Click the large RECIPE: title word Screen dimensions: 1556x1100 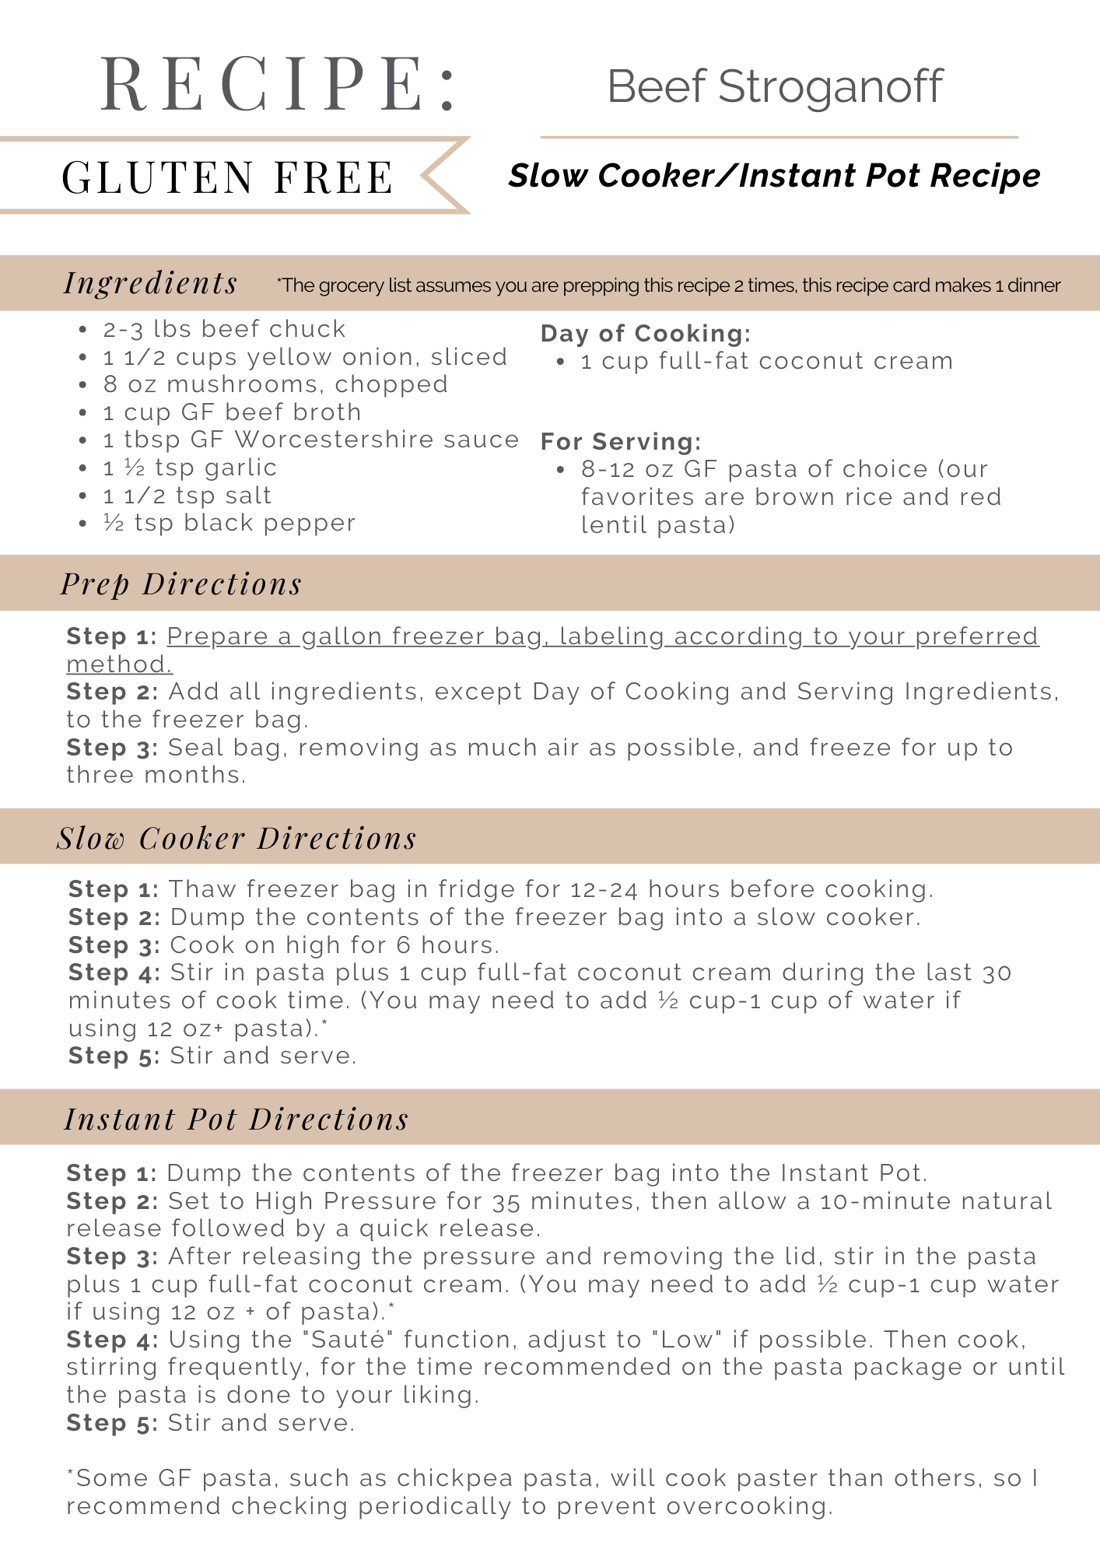pyautogui.click(x=279, y=84)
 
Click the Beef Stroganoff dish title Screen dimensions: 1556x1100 pyautogui.click(x=775, y=86)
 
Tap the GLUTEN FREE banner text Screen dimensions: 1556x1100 pyautogui.click(x=227, y=177)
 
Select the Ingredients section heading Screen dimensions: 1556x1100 pyautogui.click(x=151, y=283)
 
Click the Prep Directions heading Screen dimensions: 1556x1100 pyautogui.click(x=181, y=583)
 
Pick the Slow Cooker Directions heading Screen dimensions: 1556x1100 pyautogui.click(x=236, y=838)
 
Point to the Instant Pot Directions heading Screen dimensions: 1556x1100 pyautogui.click(x=236, y=1119)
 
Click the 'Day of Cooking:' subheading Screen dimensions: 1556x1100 pyautogui.click(x=646, y=333)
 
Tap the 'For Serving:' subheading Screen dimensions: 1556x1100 pyautogui.click(x=621, y=441)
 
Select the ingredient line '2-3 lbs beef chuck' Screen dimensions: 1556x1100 pyautogui.click(x=224, y=329)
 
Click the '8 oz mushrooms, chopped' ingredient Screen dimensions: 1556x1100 pyautogui.click(x=275, y=384)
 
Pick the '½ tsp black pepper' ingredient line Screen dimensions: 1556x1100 pyautogui.click(x=229, y=523)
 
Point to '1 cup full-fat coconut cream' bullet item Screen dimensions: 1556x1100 pyautogui.click(x=766, y=361)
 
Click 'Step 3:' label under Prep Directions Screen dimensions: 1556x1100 pyautogui.click(x=112, y=748)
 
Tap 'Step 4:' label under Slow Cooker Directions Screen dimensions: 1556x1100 pyautogui.click(x=114, y=972)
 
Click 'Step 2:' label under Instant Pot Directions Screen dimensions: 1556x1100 pyautogui.click(x=112, y=1201)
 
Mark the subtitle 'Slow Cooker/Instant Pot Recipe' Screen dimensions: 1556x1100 pyautogui.click(x=774, y=176)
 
